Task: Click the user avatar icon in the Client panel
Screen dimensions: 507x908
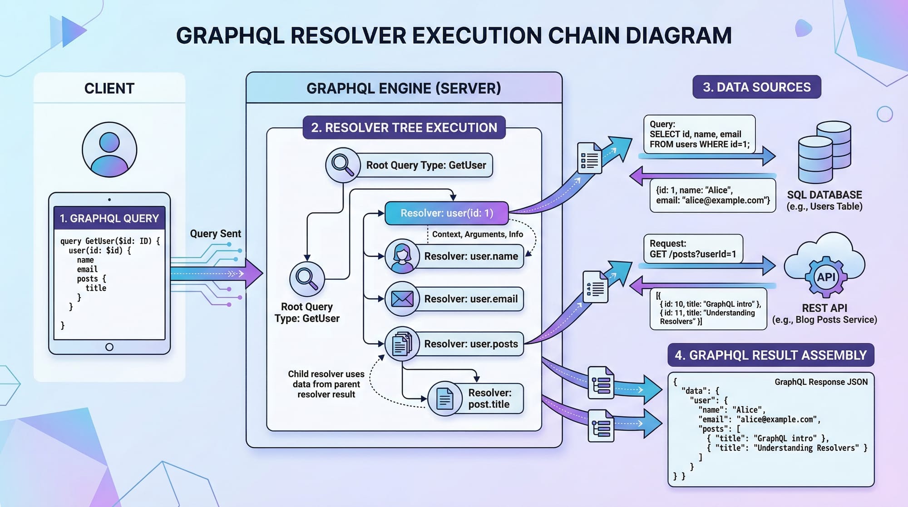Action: [109, 149]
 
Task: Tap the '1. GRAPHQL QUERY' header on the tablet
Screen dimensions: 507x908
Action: [109, 219]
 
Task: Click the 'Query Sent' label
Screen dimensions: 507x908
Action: [215, 234]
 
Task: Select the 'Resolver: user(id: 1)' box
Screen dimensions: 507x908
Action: [446, 213]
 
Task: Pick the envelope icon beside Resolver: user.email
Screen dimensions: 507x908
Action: [402, 299]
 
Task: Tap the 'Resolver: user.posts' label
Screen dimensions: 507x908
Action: [471, 344]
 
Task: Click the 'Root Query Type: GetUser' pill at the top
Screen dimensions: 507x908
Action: [426, 165]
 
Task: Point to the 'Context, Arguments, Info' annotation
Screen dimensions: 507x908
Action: [477, 234]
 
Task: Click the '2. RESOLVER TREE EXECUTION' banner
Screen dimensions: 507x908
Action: [404, 128]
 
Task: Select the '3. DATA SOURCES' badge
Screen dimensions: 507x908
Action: [756, 87]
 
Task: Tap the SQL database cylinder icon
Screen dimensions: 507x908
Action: [824, 152]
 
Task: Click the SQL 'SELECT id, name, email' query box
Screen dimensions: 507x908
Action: [699, 134]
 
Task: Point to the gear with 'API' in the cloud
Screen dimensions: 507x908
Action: [826, 277]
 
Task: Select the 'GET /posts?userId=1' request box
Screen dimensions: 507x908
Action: [693, 249]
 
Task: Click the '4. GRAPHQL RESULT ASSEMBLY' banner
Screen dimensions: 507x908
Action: [770, 355]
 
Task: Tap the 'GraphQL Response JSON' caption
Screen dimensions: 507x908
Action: [821, 382]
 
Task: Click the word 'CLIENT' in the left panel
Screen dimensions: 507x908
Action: [109, 88]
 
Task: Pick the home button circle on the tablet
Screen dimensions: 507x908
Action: [109, 347]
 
